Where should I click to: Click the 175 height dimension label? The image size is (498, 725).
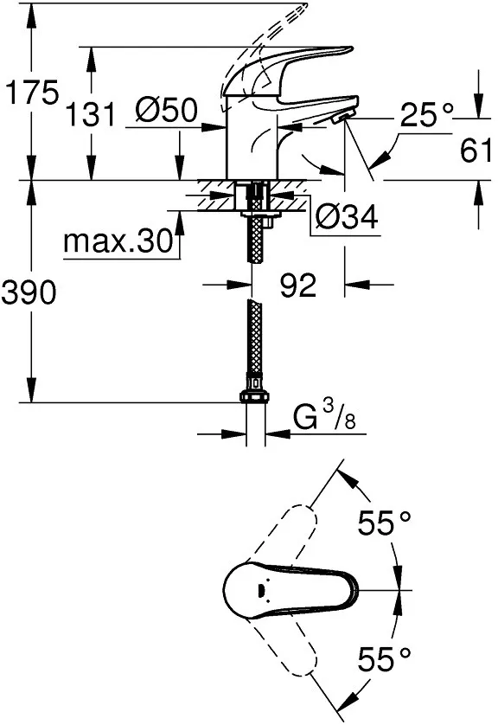tap(31, 93)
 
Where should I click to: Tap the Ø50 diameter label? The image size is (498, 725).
tap(167, 111)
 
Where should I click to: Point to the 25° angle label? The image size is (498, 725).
tap(427, 115)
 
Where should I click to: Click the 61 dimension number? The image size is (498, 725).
tap(476, 151)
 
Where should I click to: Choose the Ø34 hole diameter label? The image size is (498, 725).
tap(347, 216)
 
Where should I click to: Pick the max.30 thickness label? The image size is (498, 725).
tap(118, 241)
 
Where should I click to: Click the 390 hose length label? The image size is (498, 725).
tap(29, 292)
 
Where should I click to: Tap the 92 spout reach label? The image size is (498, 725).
tap(298, 285)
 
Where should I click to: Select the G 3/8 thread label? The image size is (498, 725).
tap(324, 414)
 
